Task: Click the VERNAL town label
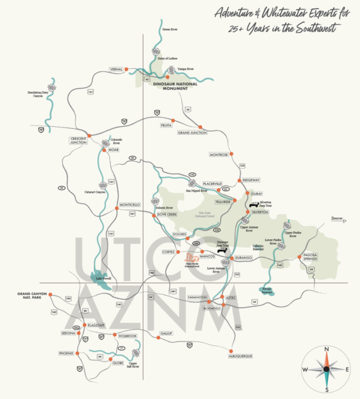tap(116, 70)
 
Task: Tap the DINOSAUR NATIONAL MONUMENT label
tap(175, 86)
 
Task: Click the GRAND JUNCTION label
tap(192, 133)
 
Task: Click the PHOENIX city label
tap(66, 353)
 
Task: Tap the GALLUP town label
tap(166, 334)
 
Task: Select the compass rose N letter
tap(326, 349)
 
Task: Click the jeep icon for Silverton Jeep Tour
tap(255, 204)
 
